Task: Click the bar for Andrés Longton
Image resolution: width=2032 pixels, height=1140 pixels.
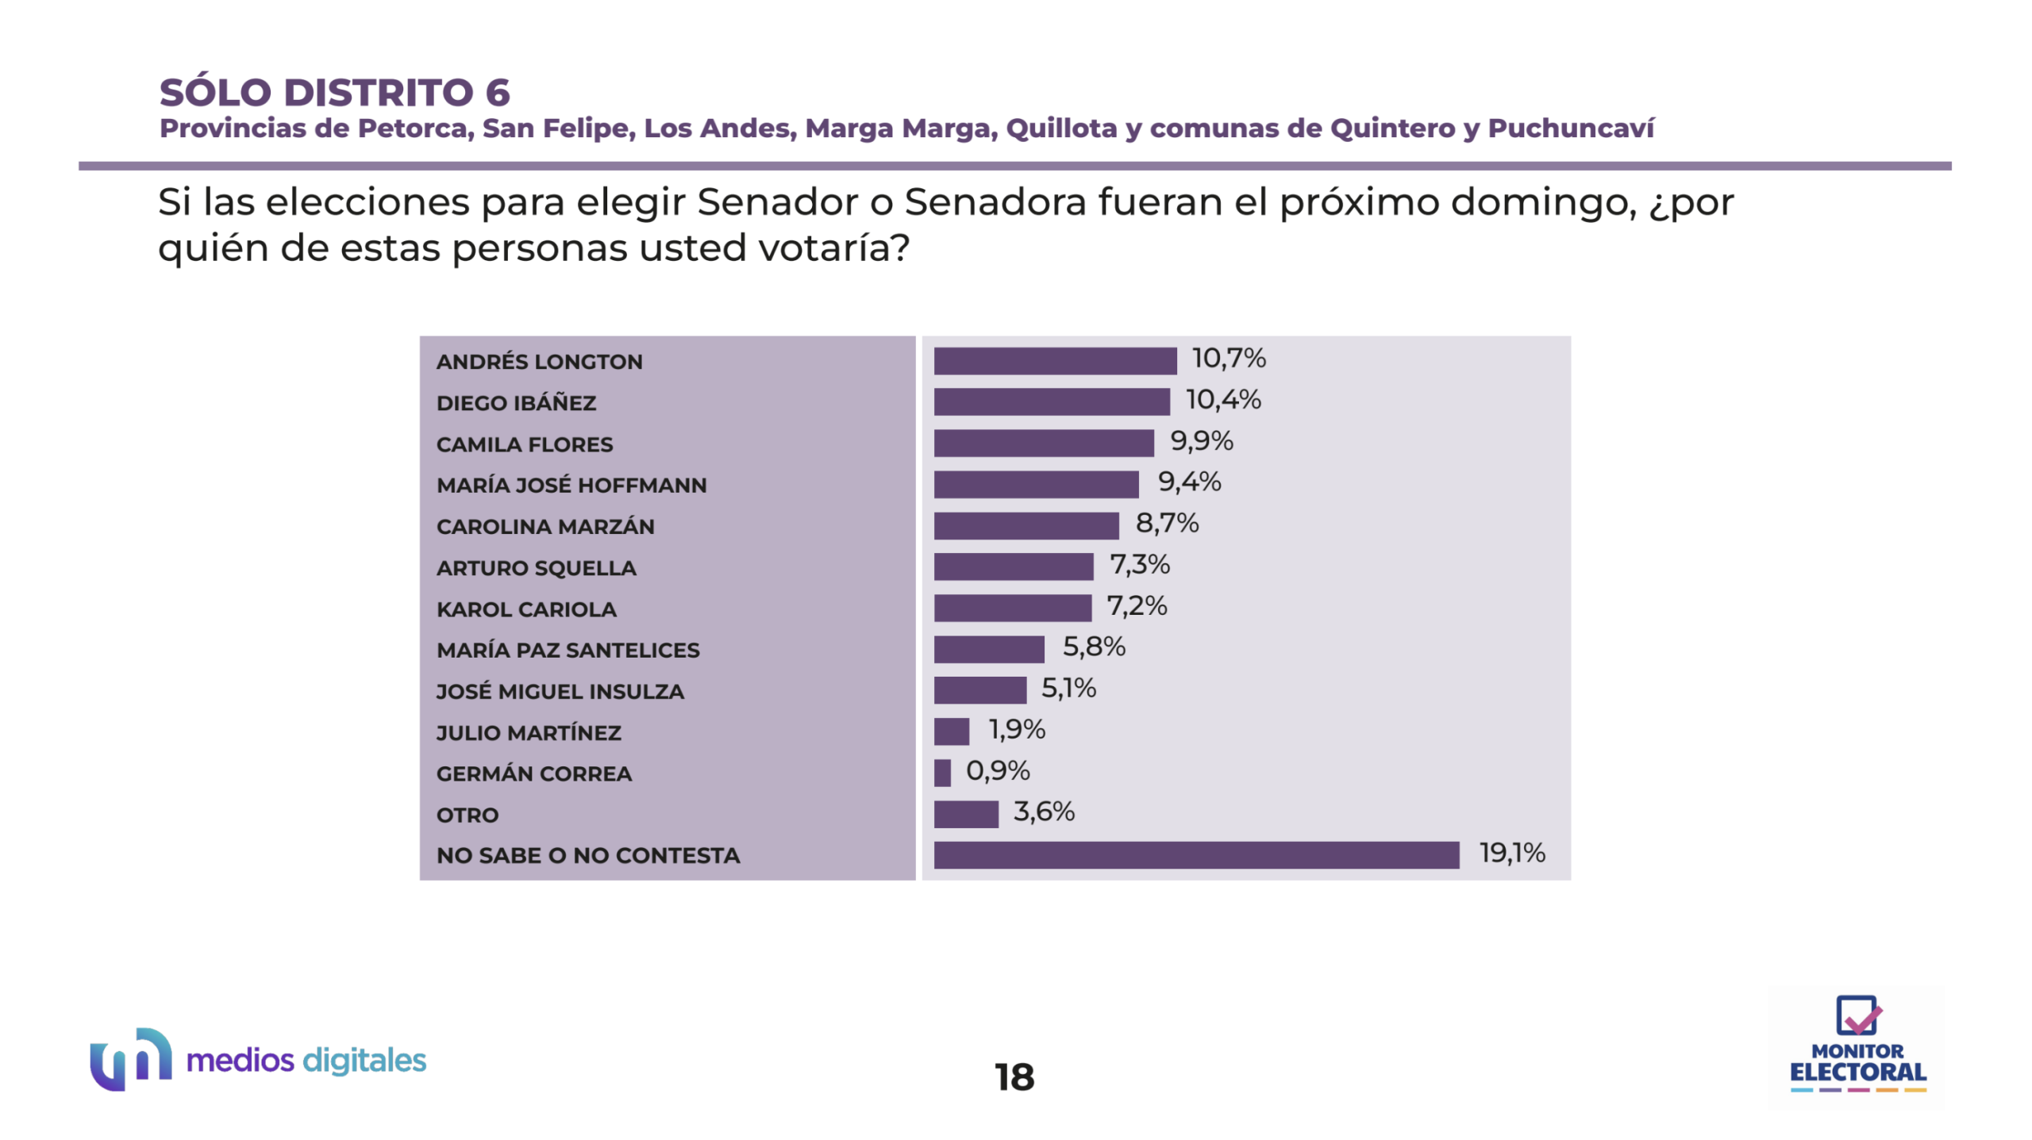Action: coord(1055,361)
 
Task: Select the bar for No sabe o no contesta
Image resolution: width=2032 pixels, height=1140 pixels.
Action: coord(1196,855)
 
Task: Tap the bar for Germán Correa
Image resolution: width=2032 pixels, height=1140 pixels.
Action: coord(942,773)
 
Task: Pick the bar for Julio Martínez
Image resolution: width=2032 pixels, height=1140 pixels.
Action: coord(951,731)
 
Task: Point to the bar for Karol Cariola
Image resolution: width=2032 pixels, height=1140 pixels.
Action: coord(1012,608)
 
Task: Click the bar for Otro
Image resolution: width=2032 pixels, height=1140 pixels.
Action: coord(966,814)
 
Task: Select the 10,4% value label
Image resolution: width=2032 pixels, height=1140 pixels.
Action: coord(1223,400)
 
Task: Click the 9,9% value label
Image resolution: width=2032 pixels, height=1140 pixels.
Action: coord(1202,441)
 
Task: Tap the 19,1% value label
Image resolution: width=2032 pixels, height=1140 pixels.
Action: coord(1512,854)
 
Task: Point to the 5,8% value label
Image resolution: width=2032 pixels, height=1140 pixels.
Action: coord(1094,647)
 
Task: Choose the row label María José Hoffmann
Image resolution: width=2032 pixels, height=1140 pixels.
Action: coord(571,486)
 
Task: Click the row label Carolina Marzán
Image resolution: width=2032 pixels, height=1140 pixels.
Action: coord(545,527)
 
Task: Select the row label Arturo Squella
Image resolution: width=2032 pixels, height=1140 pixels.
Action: coord(537,568)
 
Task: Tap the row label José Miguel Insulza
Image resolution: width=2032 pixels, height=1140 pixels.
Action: coord(560,692)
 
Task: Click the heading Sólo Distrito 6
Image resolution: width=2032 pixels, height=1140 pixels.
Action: coord(335,93)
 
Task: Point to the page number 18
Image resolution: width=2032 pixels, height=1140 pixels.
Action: coord(1014,1077)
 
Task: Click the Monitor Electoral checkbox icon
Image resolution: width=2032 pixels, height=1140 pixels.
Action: coord(1857,1015)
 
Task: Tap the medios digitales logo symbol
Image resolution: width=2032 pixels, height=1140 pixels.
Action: coord(131,1059)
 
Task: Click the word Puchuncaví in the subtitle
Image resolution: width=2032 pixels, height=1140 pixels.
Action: coord(1571,129)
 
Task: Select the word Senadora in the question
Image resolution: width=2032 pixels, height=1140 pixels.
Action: coord(995,202)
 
